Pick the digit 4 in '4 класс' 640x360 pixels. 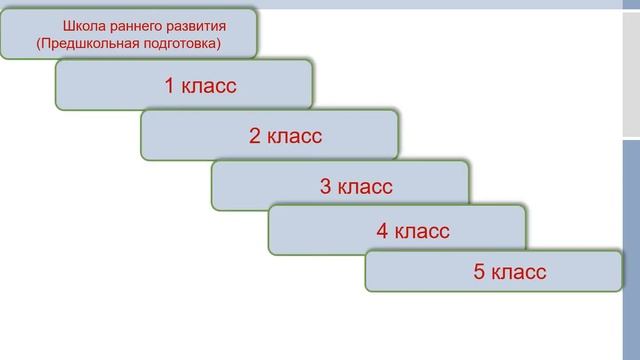(382, 231)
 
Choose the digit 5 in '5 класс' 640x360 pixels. (479, 271)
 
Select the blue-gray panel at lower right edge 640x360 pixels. (631, 250)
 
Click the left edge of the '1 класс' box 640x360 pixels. (57, 85)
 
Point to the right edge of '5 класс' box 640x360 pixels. (620, 271)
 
